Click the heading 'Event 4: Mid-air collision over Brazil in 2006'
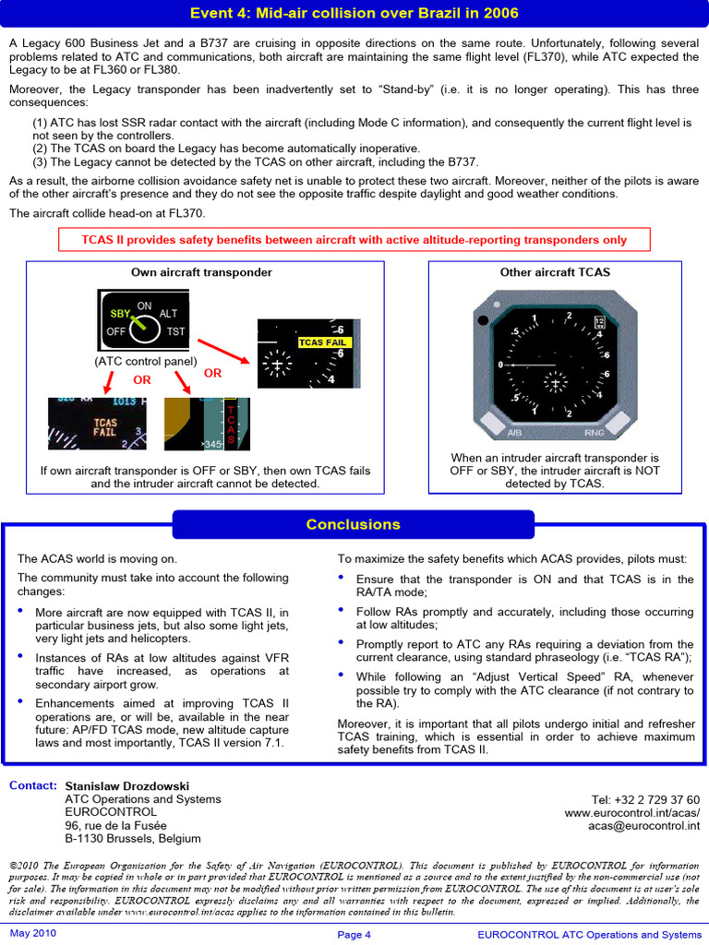coord(354,13)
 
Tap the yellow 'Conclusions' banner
coord(353,524)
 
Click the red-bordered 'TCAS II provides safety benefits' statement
coord(354,240)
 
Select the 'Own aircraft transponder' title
coord(201,272)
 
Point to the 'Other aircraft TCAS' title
coord(555,272)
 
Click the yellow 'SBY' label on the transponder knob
coord(120,314)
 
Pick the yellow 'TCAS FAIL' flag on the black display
coord(322,342)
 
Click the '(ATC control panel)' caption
coord(146,362)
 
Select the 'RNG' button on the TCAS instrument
coord(595,432)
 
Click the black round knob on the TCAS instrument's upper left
coord(484,321)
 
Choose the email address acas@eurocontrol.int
coord(643,826)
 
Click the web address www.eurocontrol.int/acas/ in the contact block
coord(631,813)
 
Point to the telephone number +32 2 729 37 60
coord(645,800)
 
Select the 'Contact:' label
coord(32,785)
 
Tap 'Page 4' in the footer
coord(354,935)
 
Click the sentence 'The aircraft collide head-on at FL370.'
coord(107,213)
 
